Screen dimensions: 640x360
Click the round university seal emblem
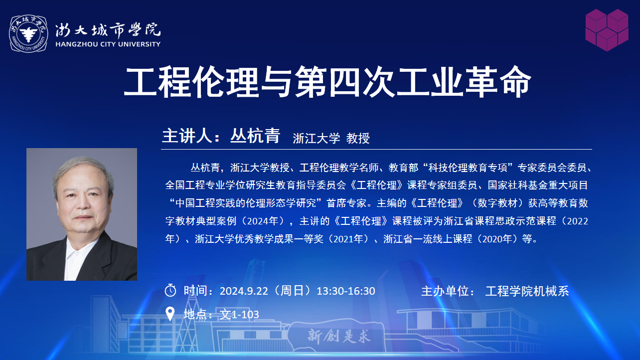28,34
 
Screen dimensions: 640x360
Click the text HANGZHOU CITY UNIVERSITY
108,44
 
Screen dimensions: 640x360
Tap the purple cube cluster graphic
607,30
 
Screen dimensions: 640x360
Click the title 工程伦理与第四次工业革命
327,82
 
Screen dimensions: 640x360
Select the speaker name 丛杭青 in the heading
255,136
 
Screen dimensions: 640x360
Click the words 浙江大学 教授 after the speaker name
331,139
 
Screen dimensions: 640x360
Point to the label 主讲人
187,136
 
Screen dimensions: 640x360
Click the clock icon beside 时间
170,290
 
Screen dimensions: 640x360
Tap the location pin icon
170,314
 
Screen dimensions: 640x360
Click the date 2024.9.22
244,291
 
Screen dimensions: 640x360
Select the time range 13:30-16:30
346,291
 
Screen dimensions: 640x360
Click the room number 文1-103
239,315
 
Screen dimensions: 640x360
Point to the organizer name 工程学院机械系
527,291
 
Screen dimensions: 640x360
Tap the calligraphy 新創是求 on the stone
339,336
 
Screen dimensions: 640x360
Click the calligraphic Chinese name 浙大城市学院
108,30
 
